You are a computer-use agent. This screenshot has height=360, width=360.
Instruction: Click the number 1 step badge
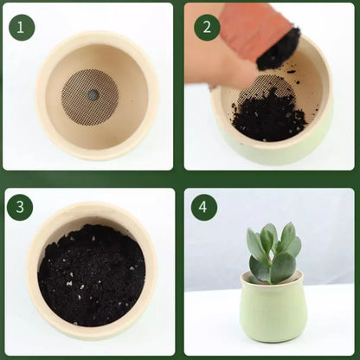(22, 28)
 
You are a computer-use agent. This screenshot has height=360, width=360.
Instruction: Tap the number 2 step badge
(207, 27)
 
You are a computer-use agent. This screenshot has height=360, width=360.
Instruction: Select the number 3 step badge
(20, 208)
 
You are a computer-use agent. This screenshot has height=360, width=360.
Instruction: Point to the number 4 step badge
(203, 207)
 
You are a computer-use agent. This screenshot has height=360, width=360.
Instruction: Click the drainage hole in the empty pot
(93, 93)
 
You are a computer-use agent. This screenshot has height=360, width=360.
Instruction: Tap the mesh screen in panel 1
(90, 97)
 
